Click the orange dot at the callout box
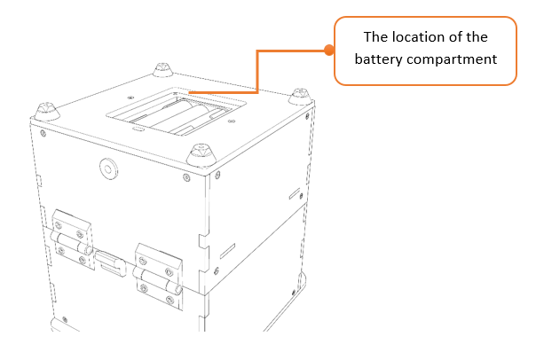(329, 51)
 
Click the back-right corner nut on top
(301, 94)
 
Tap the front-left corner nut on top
(45, 111)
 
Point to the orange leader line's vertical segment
(257, 71)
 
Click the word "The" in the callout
(379, 37)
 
